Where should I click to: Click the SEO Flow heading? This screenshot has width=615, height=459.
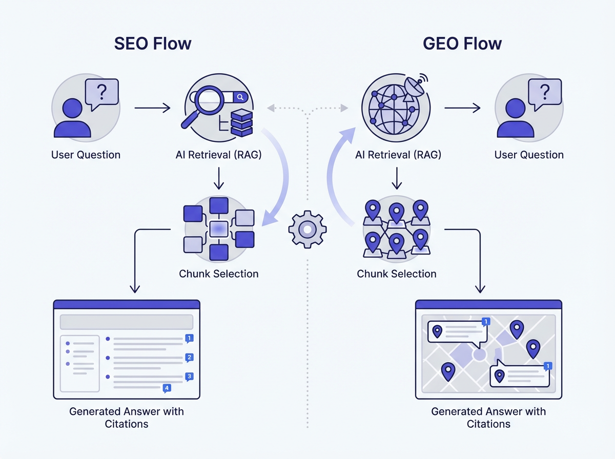153,44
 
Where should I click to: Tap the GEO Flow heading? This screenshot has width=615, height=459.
462,44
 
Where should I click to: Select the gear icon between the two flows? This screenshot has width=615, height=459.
307,230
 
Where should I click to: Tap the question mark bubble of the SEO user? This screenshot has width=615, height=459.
102,93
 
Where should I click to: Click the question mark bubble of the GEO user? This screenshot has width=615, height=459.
545,93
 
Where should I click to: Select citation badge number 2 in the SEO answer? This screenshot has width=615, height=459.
189,358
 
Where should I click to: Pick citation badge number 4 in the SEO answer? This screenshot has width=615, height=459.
166,388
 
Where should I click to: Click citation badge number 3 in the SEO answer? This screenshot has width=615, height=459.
189,377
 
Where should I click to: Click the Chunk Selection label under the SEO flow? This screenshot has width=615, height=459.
219,274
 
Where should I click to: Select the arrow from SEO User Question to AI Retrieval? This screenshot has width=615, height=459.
152,108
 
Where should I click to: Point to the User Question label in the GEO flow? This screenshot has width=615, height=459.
529,155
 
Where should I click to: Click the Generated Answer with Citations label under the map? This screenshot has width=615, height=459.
488,418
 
